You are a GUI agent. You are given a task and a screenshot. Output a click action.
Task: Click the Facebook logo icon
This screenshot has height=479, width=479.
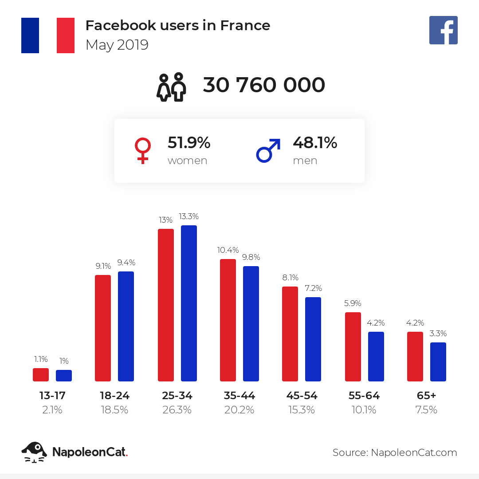[x=443, y=30]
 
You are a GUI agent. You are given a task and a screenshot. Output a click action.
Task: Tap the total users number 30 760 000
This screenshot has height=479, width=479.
[x=264, y=85]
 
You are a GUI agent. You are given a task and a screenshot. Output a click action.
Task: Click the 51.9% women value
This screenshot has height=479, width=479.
[x=188, y=143]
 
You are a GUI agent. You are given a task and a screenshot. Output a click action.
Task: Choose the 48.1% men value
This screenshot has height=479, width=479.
[x=315, y=143]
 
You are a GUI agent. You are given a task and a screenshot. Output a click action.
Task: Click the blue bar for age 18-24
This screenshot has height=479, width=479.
[x=126, y=326]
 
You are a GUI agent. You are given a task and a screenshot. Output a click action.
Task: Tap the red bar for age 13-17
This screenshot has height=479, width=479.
[x=41, y=375]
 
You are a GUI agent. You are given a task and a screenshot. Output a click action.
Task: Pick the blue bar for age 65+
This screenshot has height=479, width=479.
[x=438, y=362]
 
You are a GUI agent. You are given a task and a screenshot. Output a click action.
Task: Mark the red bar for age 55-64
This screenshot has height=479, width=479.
[x=353, y=347]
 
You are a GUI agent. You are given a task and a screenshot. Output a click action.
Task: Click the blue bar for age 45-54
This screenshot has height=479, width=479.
[x=313, y=339]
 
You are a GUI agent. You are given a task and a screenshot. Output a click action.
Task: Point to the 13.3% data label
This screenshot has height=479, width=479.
[x=188, y=217]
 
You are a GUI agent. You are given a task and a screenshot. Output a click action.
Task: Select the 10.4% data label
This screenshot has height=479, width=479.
[x=228, y=250]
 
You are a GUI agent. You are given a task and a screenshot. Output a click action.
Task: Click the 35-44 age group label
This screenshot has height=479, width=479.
[x=239, y=396]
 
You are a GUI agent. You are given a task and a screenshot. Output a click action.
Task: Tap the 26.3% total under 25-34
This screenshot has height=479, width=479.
[x=177, y=410]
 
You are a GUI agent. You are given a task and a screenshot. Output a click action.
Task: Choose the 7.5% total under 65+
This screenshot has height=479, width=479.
[x=427, y=410]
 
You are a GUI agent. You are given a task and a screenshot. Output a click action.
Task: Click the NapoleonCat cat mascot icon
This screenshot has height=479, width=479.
[x=34, y=452]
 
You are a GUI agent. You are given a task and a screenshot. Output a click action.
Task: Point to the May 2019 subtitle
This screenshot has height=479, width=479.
[x=117, y=45]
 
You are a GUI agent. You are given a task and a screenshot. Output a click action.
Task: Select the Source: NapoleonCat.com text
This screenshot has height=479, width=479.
[x=395, y=452]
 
